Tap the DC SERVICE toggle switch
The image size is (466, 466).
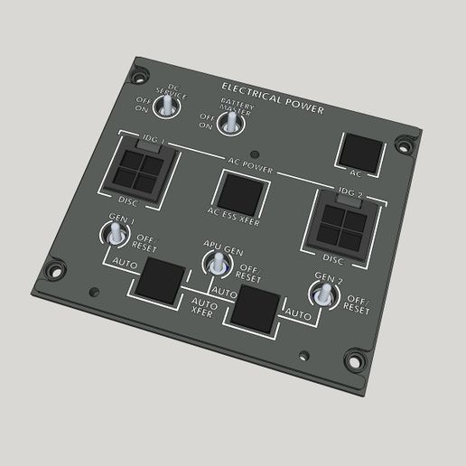click(168, 106)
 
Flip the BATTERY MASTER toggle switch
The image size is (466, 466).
click(233, 120)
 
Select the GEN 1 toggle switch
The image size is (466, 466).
click(115, 237)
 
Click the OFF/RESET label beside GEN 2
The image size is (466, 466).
click(358, 304)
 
